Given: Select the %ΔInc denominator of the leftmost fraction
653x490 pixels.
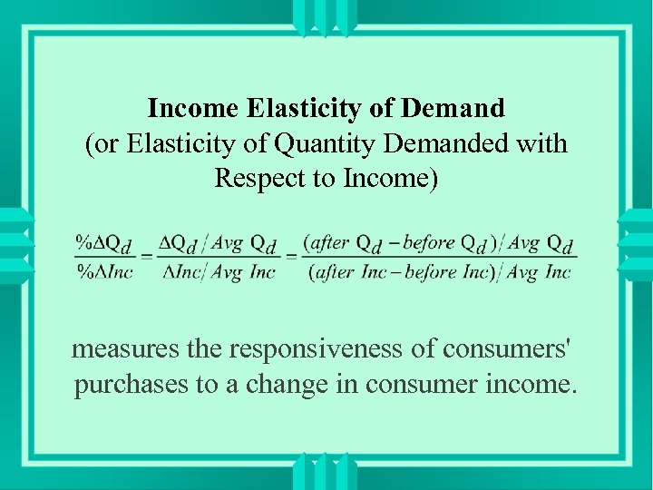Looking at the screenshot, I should coord(104,271).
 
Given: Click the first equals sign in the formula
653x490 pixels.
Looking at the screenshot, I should coord(145,258).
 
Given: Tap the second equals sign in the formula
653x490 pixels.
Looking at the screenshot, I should coord(291,258).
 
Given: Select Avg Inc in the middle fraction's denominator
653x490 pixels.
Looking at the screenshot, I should coord(243,271).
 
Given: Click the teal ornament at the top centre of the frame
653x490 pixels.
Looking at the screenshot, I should coord(326,18).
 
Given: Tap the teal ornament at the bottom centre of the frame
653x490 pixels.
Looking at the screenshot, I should coord(326,471).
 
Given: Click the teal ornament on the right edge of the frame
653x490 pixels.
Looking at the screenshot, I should coord(634,245).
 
